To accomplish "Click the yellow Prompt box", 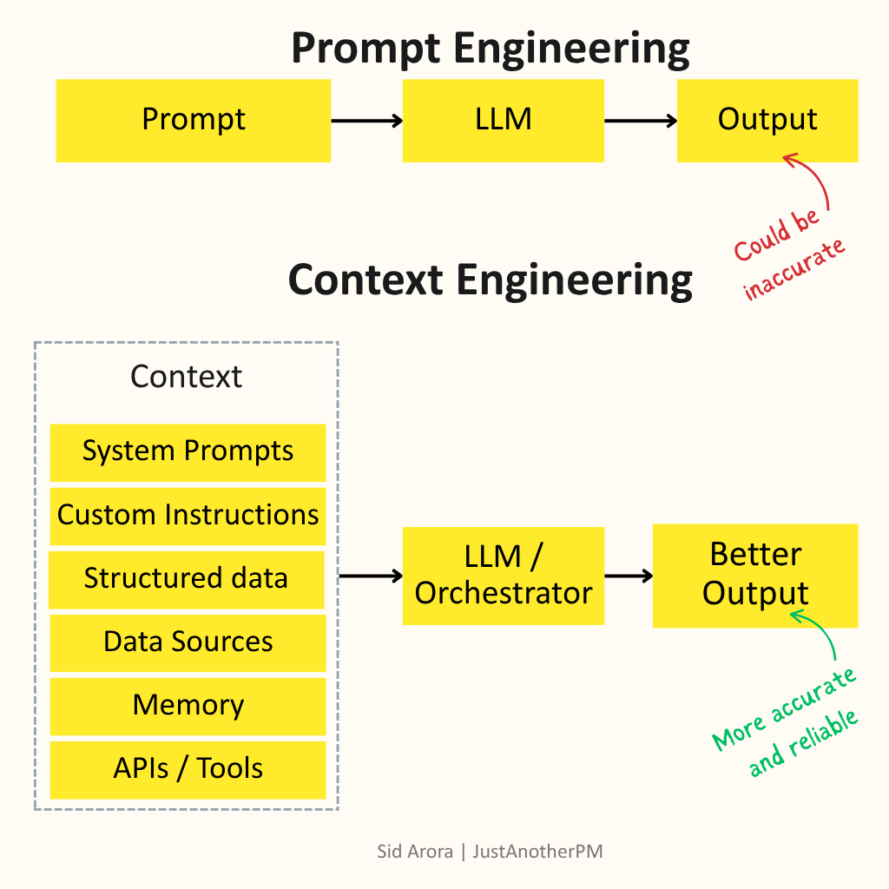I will [x=193, y=121].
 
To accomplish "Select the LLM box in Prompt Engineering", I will [x=503, y=121].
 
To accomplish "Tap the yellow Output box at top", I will [x=767, y=121].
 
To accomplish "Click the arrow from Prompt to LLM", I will [x=366, y=121].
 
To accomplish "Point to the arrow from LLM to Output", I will [x=640, y=121].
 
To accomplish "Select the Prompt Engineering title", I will [x=491, y=49].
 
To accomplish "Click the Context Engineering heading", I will [x=491, y=280].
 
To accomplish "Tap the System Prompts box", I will [x=188, y=451].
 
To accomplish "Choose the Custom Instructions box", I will [x=188, y=515].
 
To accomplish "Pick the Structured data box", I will [x=186, y=578].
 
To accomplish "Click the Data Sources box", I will [x=188, y=642].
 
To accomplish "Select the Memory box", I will [x=188, y=705].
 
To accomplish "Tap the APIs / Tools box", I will [x=188, y=768].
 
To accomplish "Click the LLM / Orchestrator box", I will [x=503, y=575].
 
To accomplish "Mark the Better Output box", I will [x=755, y=575].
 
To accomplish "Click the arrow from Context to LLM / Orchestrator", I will [x=371, y=575].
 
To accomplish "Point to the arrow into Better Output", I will [x=629, y=575].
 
